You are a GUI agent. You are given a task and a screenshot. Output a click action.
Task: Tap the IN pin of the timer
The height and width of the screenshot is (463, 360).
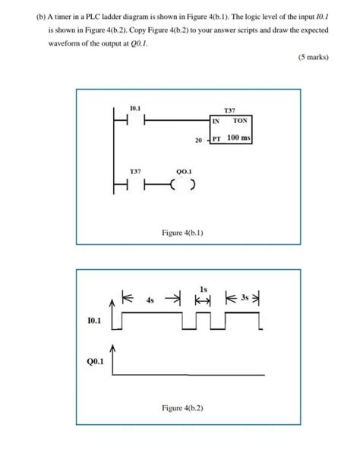click(x=216, y=121)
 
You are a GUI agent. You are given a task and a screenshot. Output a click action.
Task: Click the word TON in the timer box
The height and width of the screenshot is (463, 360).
click(x=240, y=121)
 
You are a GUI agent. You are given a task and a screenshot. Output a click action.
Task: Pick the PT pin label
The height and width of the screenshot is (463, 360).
click(x=216, y=140)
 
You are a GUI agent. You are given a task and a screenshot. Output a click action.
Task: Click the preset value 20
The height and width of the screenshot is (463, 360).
click(x=198, y=141)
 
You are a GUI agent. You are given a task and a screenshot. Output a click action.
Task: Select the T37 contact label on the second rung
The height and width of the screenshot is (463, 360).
click(x=134, y=172)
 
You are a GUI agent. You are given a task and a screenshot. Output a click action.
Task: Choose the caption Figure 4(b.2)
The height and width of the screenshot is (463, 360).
click(x=182, y=408)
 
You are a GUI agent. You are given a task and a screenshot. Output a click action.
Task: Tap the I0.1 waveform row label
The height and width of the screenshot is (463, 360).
click(x=93, y=323)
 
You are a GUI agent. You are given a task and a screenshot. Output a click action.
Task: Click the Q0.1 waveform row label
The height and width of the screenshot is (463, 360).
click(x=93, y=362)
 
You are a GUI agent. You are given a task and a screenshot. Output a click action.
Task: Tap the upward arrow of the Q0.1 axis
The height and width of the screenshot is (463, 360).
click(x=113, y=349)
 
